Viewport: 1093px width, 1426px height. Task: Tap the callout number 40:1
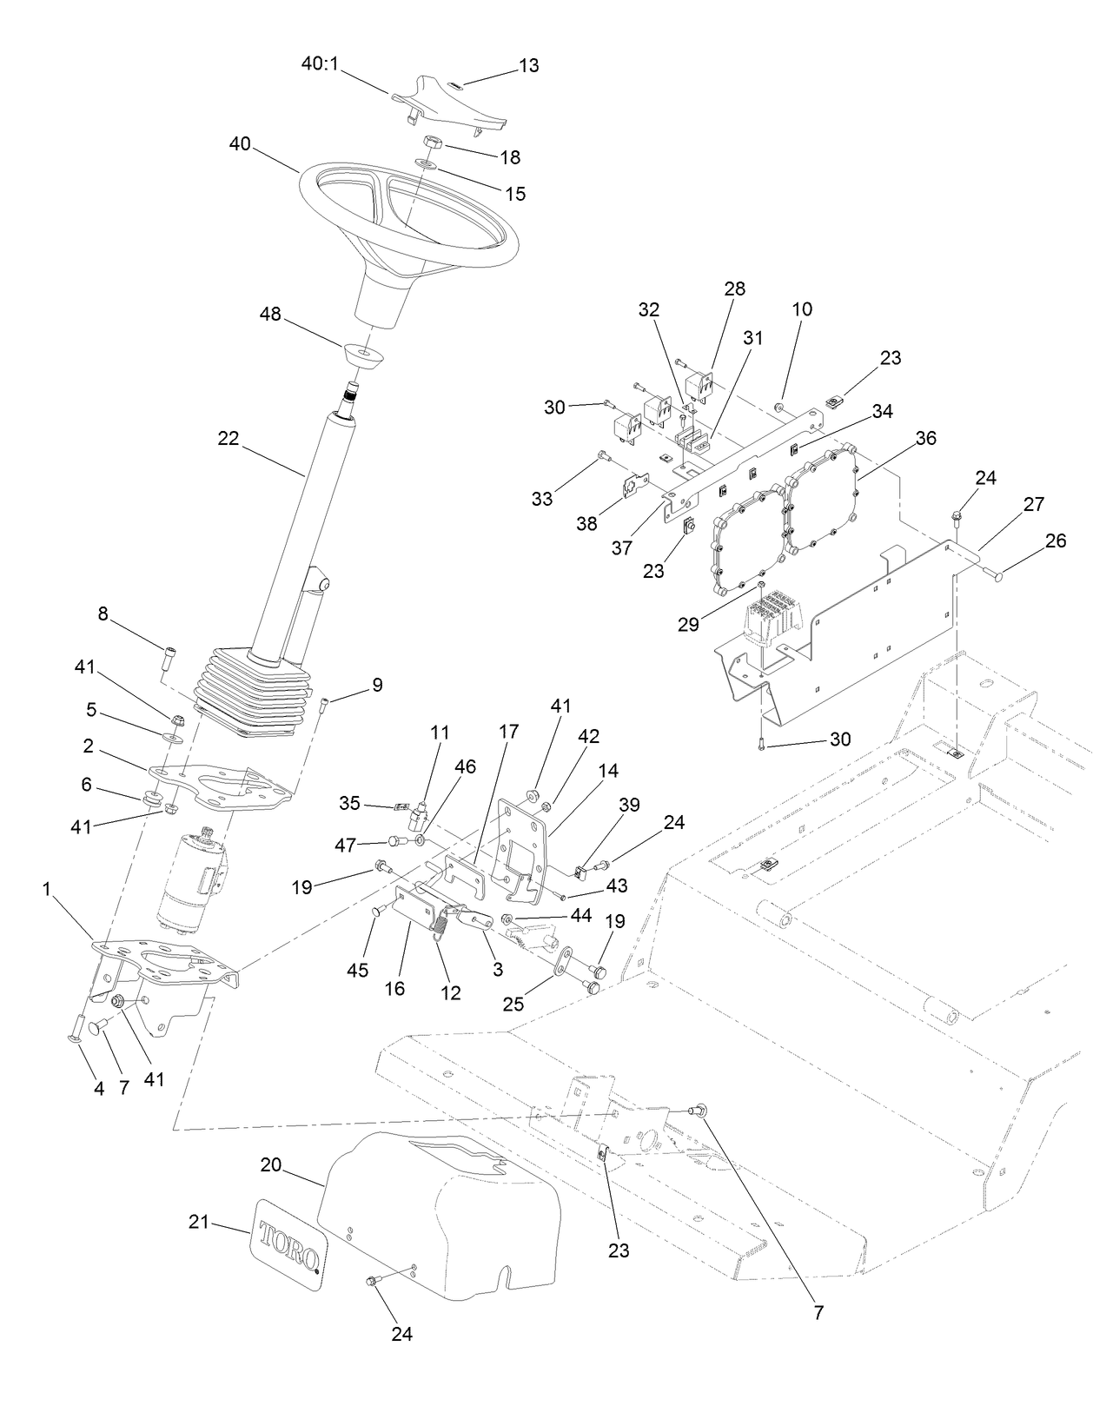pos(321,64)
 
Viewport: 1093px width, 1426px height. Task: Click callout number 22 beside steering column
pos(228,439)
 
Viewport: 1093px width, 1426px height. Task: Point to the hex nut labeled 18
pos(434,143)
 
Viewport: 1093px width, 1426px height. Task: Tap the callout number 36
pos(925,438)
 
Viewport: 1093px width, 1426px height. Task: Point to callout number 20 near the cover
pos(271,1164)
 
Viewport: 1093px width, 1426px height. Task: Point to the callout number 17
pos(508,732)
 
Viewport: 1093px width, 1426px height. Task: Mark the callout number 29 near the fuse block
pos(688,624)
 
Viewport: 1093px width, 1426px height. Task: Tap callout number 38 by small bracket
pos(586,524)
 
